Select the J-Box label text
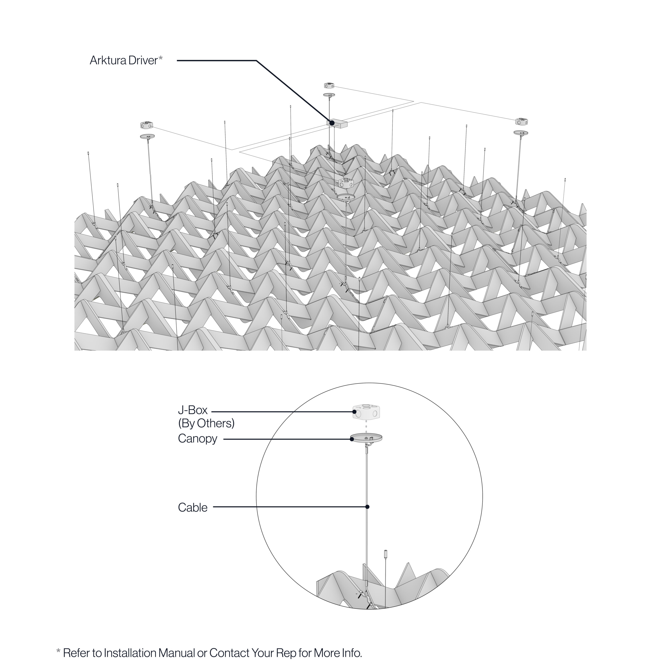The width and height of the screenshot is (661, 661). tap(193, 410)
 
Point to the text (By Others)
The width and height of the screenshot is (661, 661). tap(206, 423)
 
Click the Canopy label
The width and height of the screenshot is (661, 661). tap(198, 439)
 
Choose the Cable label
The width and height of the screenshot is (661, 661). tap(193, 507)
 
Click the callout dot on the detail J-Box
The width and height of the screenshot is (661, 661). tap(355, 412)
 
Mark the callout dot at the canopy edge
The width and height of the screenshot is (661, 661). tap(352, 439)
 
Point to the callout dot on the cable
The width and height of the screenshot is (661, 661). tap(367, 507)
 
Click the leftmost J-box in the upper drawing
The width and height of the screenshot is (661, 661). tap(146, 125)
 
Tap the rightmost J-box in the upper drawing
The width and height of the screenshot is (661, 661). tap(521, 121)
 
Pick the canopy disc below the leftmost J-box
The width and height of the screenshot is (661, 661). tap(147, 136)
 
